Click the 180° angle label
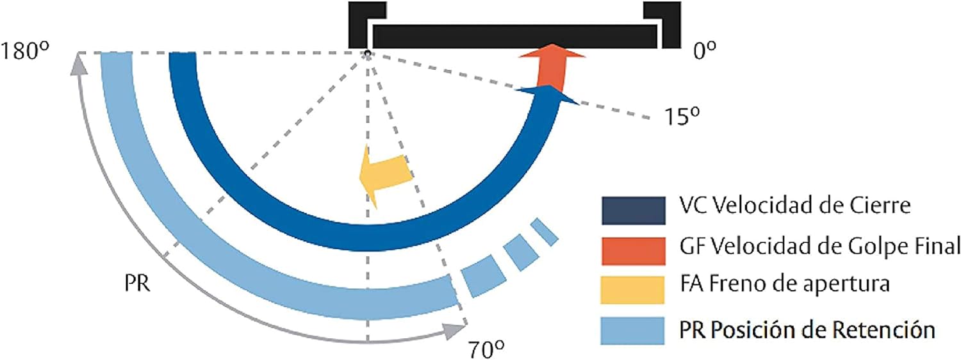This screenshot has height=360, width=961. click(25, 51)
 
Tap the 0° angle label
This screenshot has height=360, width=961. click(705, 51)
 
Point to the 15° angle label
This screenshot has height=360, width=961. click(682, 116)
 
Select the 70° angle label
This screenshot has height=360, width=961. click(486, 349)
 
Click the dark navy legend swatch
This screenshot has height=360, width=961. click(633, 211)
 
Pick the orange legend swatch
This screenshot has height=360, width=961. click(633, 251)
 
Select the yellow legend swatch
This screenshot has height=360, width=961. click(632, 290)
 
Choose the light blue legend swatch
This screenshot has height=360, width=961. click(632, 331)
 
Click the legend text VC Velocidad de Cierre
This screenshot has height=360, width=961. click(795, 205)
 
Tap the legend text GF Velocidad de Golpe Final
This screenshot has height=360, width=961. click(820, 246)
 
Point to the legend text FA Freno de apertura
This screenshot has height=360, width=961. click(785, 284)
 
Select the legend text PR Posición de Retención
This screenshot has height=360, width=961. click(807, 329)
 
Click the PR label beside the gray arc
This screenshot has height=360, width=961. click(137, 284)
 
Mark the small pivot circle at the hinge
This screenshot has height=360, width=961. click(367, 54)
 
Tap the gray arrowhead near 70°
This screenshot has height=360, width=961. click(454, 331)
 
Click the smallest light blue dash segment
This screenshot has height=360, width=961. click(545, 232)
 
